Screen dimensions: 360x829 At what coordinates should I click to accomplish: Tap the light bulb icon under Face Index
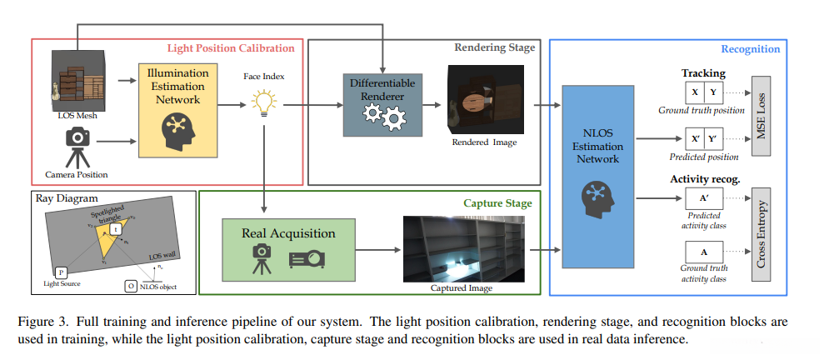coord(263,105)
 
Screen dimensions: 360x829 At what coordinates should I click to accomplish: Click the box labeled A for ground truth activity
coord(704,252)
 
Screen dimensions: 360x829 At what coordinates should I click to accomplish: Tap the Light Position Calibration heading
coord(231,48)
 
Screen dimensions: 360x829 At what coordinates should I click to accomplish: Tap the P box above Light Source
coord(61,272)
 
